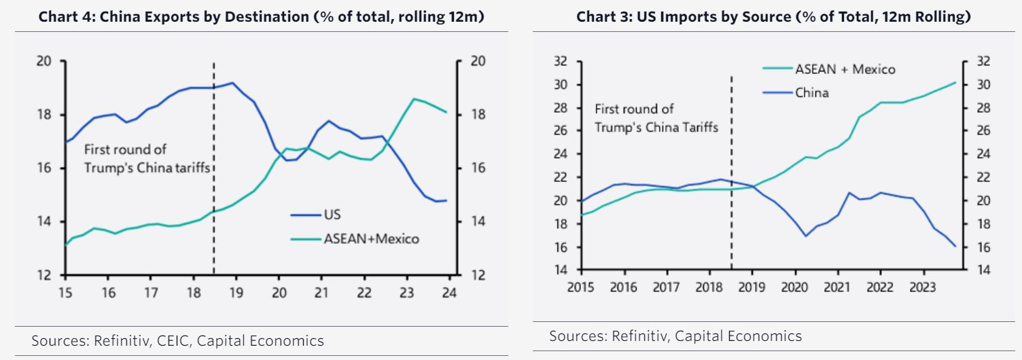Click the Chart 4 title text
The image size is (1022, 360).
[261, 16]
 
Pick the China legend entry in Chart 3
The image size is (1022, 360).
[811, 92]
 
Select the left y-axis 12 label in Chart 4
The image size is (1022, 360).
[44, 275]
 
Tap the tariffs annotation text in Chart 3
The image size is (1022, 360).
[656, 118]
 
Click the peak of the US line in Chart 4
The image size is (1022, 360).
[232, 83]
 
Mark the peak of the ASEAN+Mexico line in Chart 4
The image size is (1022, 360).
[413, 98]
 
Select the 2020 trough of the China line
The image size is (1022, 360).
[806, 236]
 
